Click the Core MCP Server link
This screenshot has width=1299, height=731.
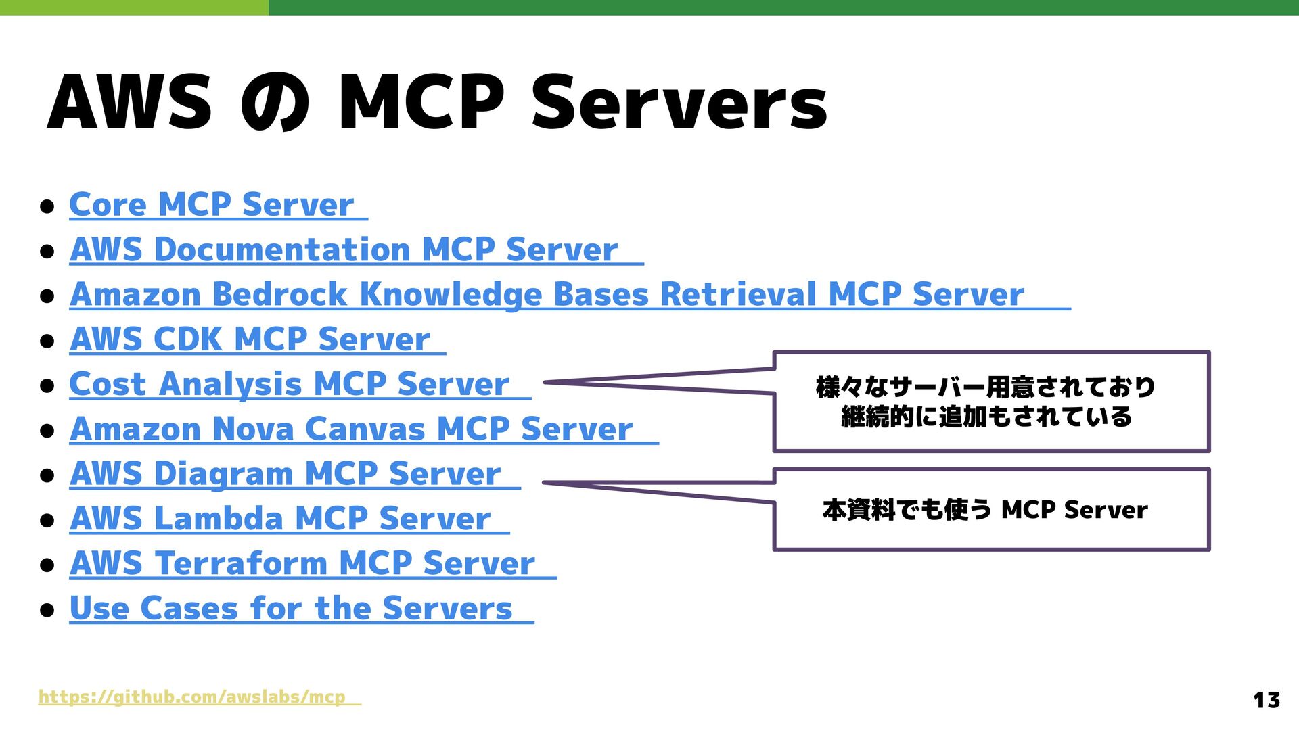(x=211, y=205)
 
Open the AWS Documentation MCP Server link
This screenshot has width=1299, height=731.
(x=343, y=250)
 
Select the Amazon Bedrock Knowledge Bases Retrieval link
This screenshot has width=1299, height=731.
(x=546, y=295)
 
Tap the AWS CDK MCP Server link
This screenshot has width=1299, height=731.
(x=250, y=339)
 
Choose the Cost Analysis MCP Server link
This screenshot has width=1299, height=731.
(x=289, y=384)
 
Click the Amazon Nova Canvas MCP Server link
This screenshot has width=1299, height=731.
(x=350, y=429)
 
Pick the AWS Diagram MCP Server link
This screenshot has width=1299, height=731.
(x=285, y=473)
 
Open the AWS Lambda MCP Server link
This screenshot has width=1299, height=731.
(x=279, y=519)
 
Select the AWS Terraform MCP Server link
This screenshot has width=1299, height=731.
(x=302, y=563)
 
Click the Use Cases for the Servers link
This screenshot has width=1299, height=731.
(x=291, y=608)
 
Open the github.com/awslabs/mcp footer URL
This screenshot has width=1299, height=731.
(x=192, y=697)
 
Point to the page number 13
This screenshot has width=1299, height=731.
(x=1266, y=699)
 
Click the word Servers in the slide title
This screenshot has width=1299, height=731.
(x=679, y=105)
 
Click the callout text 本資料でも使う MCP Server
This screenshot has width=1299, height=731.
(x=985, y=510)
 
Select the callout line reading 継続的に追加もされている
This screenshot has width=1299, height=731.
(x=986, y=417)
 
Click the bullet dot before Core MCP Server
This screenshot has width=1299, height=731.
(x=47, y=206)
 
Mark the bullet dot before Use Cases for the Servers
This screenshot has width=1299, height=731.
(x=47, y=609)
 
